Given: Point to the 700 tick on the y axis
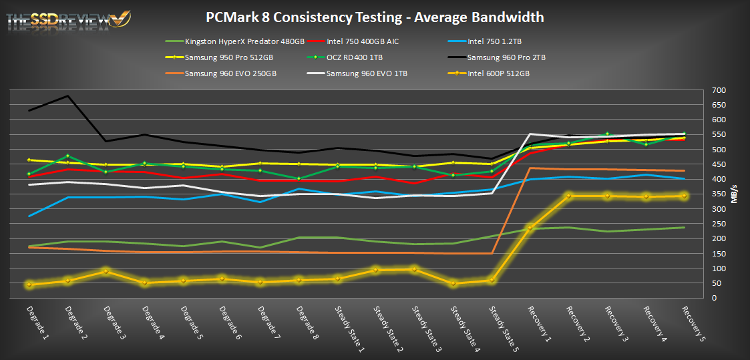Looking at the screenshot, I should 719,90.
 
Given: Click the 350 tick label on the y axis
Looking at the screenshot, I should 719,194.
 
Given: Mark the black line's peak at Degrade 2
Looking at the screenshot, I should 68,96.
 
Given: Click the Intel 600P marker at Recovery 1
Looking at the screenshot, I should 531,228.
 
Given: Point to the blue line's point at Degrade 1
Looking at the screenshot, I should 29,216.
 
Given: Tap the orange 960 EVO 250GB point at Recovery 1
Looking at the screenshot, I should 531,168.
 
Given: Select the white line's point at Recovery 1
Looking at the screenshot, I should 531,134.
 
